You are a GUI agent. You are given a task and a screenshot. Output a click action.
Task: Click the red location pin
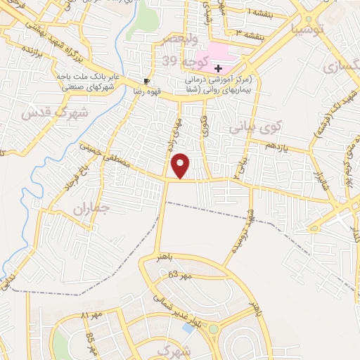(x=181, y=165)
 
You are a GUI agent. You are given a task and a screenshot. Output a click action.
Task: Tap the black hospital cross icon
(x=219, y=68)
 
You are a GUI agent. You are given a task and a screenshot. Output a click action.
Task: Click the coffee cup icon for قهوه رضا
(x=146, y=81)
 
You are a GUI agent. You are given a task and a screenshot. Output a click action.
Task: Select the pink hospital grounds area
(x=214, y=53)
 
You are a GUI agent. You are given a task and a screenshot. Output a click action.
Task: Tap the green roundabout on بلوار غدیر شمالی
(x=214, y=330)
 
